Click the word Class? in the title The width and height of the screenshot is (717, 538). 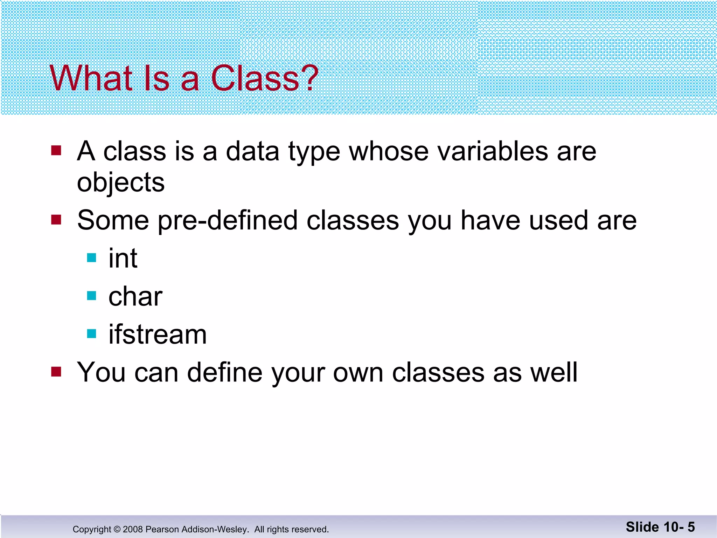coord(264,78)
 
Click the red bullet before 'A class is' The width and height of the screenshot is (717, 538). coord(56,151)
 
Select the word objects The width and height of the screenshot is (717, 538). coord(121,183)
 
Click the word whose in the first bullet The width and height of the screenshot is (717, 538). coord(389,151)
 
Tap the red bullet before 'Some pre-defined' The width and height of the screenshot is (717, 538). coord(56,220)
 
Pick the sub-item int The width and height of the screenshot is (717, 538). coord(123,258)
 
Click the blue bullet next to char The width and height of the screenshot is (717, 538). coord(91,296)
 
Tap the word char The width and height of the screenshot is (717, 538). coord(135,297)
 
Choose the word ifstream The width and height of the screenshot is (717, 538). coord(158,334)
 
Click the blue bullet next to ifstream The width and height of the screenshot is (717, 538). coord(91,333)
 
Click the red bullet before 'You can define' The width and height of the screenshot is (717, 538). coord(56,371)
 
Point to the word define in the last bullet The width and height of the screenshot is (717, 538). coord(224,372)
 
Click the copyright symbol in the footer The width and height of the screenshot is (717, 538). coord(117,529)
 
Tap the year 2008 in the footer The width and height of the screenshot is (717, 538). coord(133,529)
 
